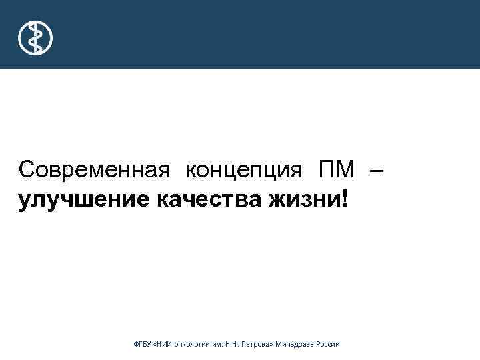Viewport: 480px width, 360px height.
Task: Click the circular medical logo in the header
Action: coord(35,38)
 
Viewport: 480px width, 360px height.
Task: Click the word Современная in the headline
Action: coord(90,170)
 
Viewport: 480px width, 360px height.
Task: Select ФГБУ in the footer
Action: coord(143,344)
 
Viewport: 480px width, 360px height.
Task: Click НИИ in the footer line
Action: coord(166,344)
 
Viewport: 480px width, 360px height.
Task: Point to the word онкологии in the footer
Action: coord(195,344)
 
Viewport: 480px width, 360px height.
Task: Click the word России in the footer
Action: coord(329,344)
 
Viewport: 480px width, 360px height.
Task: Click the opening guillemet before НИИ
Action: coord(157,344)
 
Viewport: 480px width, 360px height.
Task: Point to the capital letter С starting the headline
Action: coord(26,170)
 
